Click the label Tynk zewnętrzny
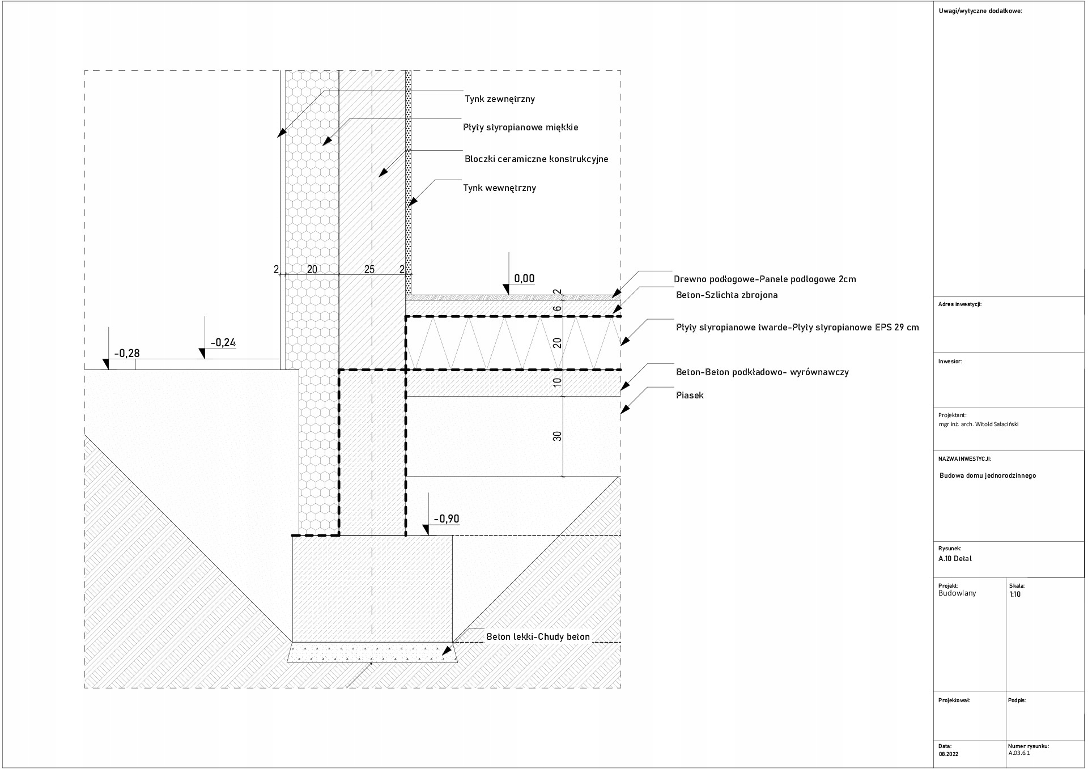coord(499,99)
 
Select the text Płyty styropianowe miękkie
coord(520,128)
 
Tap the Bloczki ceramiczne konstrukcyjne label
coord(536,159)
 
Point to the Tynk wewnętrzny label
coord(499,188)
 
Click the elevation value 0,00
coord(524,278)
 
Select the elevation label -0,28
coord(127,354)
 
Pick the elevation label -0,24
coord(223,343)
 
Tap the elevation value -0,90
coord(446,519)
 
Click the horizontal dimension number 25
coord(369,270)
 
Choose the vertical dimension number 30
coord(558,436)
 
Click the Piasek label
coord(690,396)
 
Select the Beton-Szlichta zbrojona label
coord(726,295)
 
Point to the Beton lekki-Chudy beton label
coord(538,637)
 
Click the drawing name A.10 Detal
coord(955,559)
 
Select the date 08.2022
coord(948,754)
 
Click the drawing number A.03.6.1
coord(1019,754)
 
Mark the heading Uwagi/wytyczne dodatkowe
coord(980,11)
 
